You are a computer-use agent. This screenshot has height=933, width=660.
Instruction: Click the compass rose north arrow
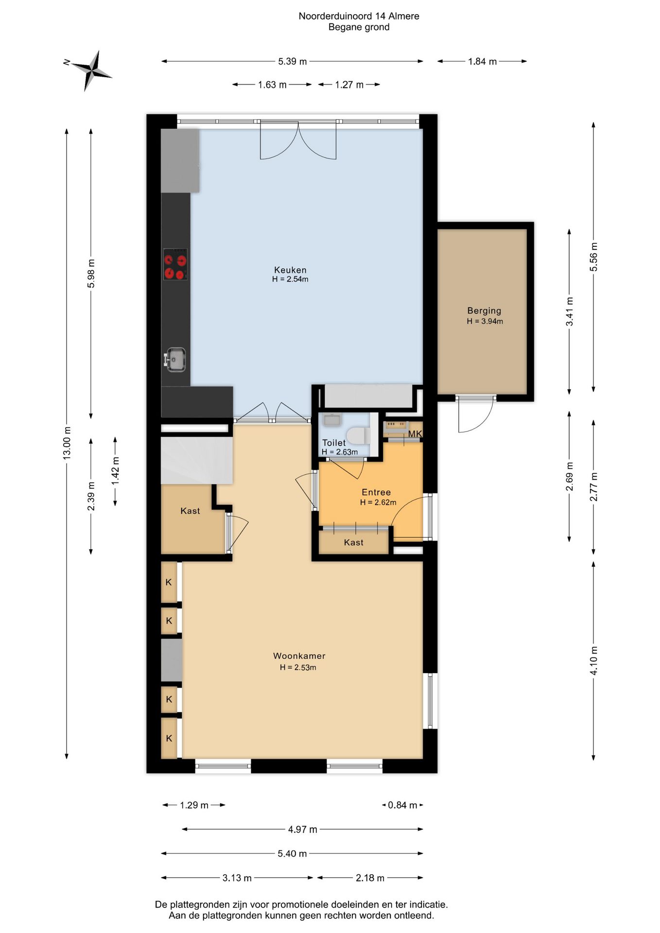91,70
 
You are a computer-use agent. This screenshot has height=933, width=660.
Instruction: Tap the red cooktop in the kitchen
175,264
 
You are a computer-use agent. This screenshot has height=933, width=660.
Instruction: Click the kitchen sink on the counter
175,360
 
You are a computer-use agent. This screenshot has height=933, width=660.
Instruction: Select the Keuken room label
290,270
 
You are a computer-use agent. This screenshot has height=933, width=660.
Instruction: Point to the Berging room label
484,311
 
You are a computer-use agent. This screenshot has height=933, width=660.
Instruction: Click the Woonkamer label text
299,656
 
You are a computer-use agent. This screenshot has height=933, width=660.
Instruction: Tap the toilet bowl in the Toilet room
359,435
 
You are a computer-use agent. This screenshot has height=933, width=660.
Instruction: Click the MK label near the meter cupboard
415,434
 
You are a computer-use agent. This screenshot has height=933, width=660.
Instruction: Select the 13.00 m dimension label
67,443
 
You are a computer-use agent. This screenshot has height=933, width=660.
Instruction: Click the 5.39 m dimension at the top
293,61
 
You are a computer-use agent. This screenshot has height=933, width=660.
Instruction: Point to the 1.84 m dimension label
482,61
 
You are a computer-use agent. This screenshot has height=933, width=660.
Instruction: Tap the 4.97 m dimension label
302,829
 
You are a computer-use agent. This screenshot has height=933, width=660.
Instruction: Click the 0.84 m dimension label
402,805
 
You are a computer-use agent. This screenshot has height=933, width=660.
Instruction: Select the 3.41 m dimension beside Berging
570,311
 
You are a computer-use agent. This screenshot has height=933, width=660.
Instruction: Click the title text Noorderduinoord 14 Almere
359,16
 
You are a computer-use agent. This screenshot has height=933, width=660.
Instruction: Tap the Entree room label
376,492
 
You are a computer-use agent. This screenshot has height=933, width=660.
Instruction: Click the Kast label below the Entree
353,542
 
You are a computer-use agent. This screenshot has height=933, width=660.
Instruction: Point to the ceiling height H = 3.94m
485,321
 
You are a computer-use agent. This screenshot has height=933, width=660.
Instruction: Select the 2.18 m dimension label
370,878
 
